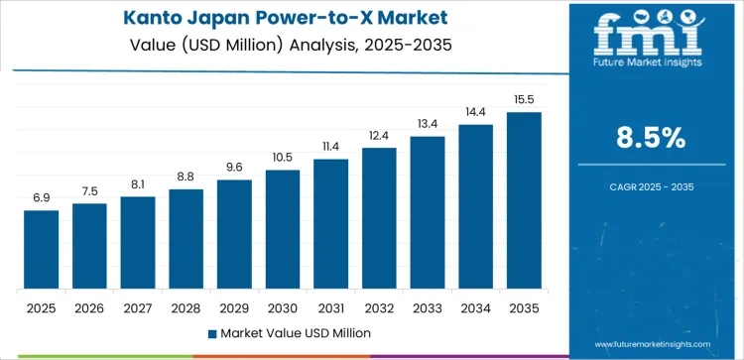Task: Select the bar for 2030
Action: (x=283, y=229)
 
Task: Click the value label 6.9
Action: (x=42, y=198)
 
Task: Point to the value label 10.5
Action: (x=283, y=158)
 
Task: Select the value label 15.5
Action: (x=524, y=100)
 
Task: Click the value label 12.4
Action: (x=379, y=136)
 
